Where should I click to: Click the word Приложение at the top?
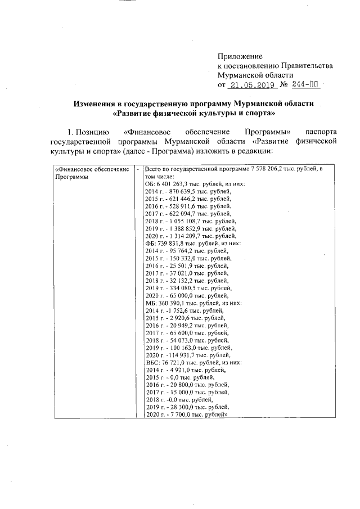240,57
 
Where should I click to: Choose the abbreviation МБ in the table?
150,303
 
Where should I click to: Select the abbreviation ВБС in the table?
152,362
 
